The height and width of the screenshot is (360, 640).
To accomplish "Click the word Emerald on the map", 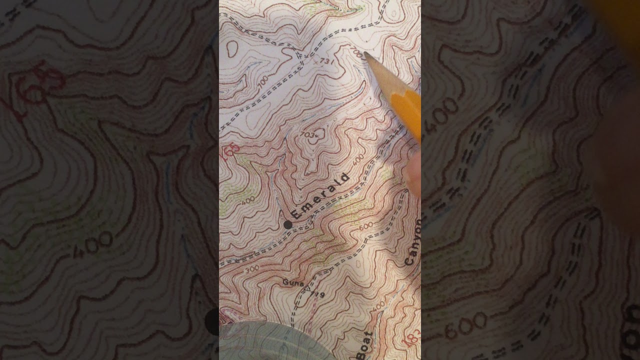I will (x=319, y=195).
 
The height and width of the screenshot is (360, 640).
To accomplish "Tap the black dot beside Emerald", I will (x=287, y=225).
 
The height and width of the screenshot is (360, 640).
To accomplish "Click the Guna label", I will (x=293, y=282).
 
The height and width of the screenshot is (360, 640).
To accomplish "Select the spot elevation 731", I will (x=327, y=61).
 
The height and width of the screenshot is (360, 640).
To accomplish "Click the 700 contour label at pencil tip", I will (x=356, y=52).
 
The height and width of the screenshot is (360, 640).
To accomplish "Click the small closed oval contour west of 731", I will (x=232, y=48).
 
